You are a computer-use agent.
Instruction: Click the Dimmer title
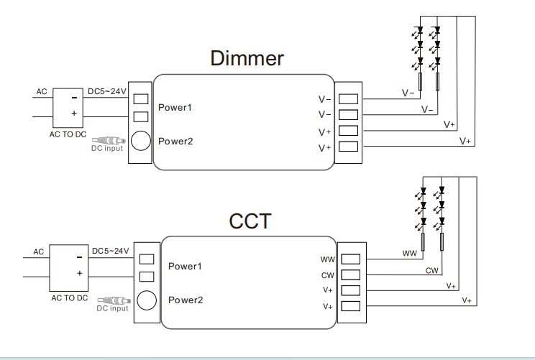click(247, 59)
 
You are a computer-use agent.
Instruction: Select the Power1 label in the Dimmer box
click(175, 108)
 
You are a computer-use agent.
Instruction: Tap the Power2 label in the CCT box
click(185, 299)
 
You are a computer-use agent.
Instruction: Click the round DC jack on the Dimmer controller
click(141, 140)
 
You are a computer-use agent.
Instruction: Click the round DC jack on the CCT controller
click(148, 300)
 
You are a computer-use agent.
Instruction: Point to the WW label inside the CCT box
click(327, 259)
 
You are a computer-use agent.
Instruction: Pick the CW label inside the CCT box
click(327, 275)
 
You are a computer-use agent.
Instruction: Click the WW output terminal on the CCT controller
click(349, 259)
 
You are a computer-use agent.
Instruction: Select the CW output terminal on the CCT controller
click(349, 275)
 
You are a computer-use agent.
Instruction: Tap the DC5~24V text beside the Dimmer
click(106, 91)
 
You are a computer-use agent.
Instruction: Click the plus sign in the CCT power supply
click(79, 274)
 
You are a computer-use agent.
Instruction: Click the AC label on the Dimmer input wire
click(42, 92)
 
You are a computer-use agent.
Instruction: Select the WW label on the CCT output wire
click(409, 254)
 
